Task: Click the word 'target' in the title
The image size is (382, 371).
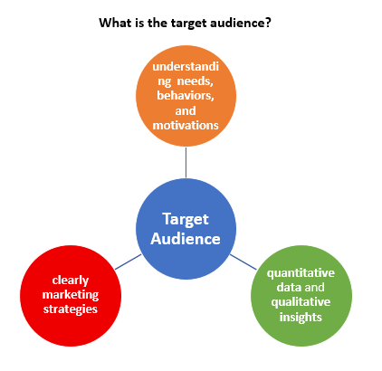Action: coord(188,24)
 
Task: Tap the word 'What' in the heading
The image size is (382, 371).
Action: coord(115,23)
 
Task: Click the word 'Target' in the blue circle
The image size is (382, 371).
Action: coord(186,220)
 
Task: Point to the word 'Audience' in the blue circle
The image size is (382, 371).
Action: coord(186,239)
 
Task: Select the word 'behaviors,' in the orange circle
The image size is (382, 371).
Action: coord(186,96)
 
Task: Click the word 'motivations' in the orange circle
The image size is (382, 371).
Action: coord(186,125)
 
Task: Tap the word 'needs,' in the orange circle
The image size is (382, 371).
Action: coord(196,81)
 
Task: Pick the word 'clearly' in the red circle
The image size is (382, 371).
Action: coord(71,281)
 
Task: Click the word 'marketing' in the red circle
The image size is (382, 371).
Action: coord(71,295)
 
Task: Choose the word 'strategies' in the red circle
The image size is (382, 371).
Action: coord(71,309)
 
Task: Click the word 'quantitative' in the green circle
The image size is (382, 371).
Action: coord(301,273)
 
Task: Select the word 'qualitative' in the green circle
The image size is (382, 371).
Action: coord(301,302)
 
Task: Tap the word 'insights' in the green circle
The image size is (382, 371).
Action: coord(301,317)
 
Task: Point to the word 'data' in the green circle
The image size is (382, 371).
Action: coord(288,287)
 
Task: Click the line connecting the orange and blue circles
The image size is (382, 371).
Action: coord(186,163)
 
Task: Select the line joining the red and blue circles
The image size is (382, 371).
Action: coord(129,262)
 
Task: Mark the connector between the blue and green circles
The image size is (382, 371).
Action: coord(244,262)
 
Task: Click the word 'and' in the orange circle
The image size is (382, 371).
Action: coord(186,110)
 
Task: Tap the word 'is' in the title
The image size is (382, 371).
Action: coord(139,23)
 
